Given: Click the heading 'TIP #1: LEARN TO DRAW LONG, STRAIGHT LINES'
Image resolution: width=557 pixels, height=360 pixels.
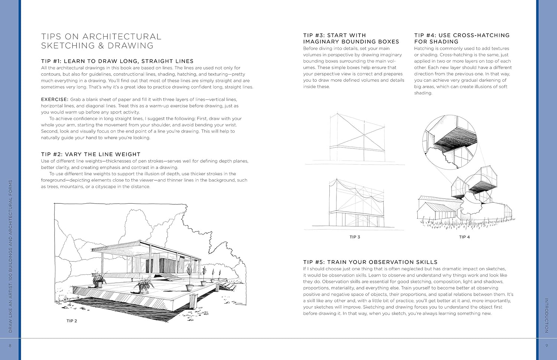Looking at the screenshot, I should tap(117, 61).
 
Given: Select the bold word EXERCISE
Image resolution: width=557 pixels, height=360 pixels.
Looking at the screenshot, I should tap(55, 99).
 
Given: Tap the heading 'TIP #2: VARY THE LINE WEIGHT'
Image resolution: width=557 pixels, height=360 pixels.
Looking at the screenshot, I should tap(91, 154).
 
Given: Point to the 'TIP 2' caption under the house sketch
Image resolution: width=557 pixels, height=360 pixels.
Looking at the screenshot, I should tap(72, 321).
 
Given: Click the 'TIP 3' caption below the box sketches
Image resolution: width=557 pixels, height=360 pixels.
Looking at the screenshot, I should tap(355, 237).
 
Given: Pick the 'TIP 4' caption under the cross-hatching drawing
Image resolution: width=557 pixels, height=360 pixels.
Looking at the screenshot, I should tap(464, 237).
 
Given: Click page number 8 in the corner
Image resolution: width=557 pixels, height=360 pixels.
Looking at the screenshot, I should tap(10, 346).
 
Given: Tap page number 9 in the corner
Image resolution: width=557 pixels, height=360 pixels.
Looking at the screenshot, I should tap(547, 346).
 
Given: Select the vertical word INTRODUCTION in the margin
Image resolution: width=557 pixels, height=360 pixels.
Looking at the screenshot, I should tap(547, 315).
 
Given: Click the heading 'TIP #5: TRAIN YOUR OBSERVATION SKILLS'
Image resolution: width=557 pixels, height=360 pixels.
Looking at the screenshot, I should tap(370, 262).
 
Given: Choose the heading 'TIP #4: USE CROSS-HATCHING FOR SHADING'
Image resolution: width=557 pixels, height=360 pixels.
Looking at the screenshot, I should tap(462, 39).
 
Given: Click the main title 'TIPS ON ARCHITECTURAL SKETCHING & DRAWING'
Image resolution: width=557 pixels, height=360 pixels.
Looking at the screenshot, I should tap(101, 41).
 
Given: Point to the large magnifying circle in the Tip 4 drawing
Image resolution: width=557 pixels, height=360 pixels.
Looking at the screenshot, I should tap(450, 142).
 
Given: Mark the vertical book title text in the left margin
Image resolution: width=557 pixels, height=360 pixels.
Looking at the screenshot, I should tap(10, 256).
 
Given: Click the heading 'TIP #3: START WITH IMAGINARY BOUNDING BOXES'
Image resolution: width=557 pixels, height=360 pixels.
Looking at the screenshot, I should tap(351, 39).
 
